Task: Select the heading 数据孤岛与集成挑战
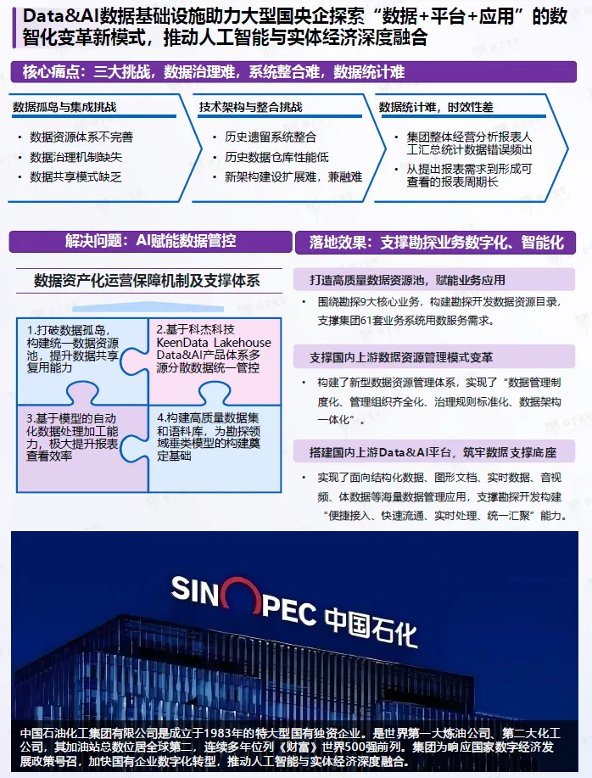[x=64, y=109]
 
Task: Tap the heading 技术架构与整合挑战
[x=250, y=109]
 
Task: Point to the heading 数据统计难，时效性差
[x=436, y=108]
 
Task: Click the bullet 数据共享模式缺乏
[x=75, y=176]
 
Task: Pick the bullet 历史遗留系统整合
[x=270, y=137]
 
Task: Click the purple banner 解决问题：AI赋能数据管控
[x=150, y=241]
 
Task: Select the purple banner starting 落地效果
[x=436, y=243]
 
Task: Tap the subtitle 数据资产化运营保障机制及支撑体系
[x=147, y=280]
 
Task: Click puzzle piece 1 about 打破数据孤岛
[x=76, y=349]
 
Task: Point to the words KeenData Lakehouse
[x=214, y=343]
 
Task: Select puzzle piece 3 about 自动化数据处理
[x=76, y=437]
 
